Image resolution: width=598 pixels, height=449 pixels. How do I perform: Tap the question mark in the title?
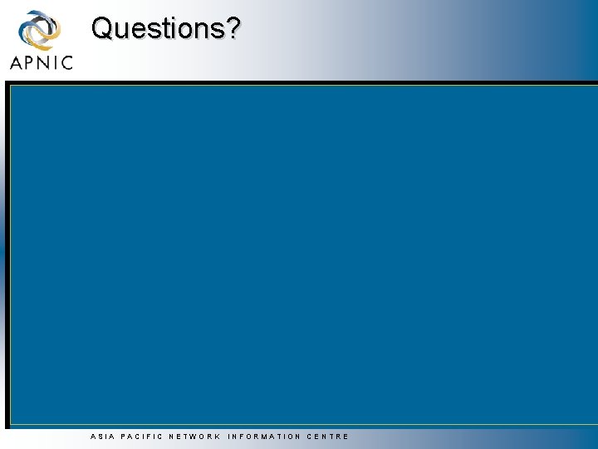click(x=233, y=28)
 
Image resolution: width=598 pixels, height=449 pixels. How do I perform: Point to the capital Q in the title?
click(x=102, y=28)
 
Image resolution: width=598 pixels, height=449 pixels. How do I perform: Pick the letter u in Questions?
click(x=120, y=30)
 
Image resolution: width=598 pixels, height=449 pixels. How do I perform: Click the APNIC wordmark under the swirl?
click(x=41, y=62)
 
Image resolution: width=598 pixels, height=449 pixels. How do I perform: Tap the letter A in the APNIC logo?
click(x=16, y=62)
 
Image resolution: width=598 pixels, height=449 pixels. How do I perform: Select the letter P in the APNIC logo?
click(x=29, y=62)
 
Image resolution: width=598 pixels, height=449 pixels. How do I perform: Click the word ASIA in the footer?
click(x=101, y=437)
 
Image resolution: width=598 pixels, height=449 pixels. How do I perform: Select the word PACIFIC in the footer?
click(x=140, y=437)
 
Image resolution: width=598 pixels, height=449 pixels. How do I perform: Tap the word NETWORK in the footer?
click(x=194, y=437)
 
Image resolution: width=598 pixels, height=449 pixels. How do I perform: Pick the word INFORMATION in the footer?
click(x=264, y=437)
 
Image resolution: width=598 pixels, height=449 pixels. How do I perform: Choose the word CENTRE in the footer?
click(x=328, y=437)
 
